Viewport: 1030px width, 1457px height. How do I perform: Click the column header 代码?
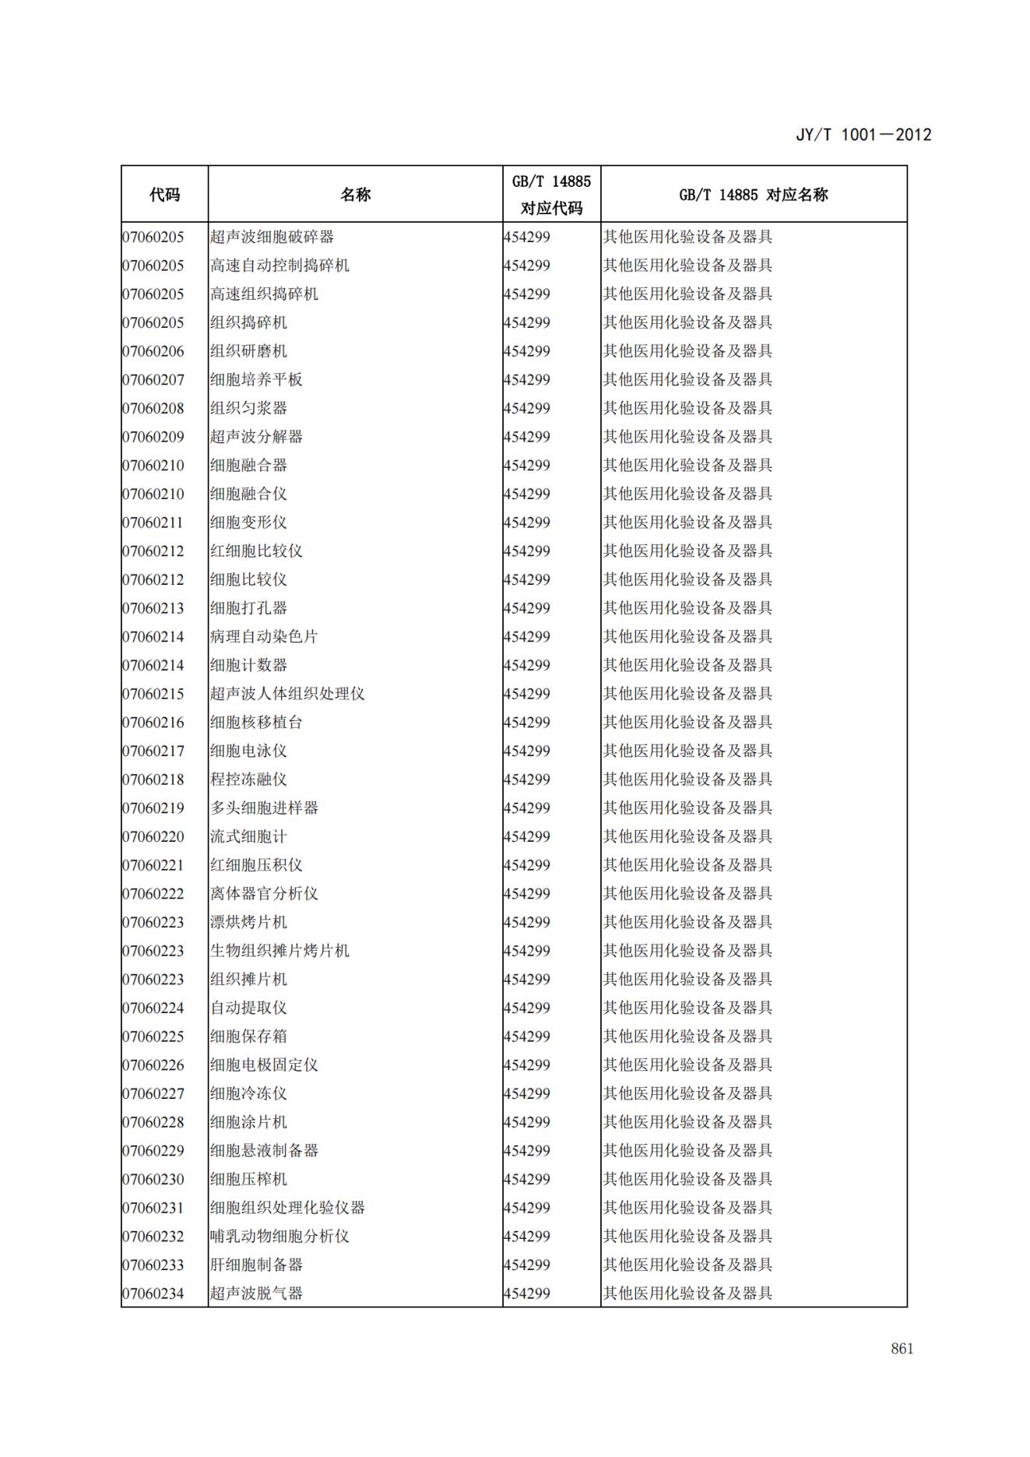164,195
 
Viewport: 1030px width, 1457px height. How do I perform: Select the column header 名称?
355,195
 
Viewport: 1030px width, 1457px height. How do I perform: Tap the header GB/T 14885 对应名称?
753,195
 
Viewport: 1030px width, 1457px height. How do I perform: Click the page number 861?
902,1349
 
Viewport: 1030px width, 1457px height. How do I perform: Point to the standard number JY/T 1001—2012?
863,135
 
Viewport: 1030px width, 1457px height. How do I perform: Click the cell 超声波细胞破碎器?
272,237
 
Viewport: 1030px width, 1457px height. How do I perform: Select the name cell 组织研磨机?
248,351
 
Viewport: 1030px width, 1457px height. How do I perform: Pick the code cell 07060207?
153,380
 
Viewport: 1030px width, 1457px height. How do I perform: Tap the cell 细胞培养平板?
256,380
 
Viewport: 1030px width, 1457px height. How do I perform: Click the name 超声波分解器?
256,437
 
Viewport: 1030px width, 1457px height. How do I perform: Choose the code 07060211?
153,523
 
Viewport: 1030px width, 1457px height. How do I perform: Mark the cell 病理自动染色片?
264,637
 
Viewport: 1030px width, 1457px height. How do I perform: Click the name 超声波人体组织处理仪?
287,694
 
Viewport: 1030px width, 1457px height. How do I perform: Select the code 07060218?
153,780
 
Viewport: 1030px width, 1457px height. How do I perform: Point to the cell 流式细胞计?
248,837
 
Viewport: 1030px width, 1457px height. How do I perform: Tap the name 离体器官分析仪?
264,894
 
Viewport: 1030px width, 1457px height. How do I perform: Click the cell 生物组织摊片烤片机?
279,951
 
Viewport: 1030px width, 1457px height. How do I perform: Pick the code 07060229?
153,1151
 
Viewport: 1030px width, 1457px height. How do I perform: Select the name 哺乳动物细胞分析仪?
279,1237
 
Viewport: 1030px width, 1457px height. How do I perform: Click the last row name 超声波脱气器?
256,1293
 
